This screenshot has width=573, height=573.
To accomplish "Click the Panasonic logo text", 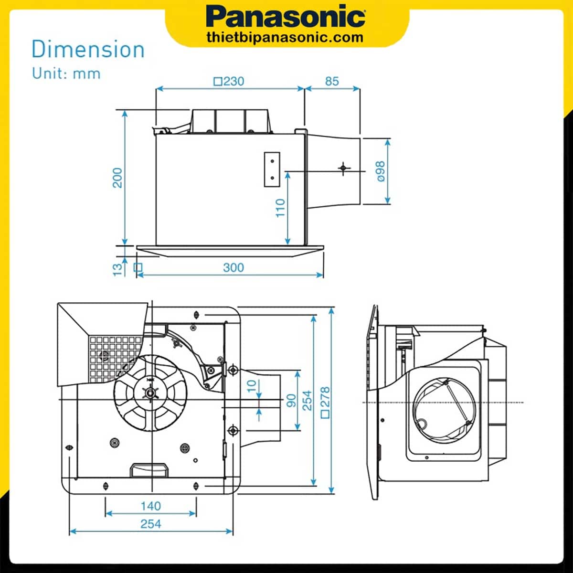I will click(286, 17).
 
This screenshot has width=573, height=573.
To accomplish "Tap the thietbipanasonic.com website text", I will click(285, 37).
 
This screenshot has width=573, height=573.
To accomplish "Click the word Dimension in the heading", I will click(88, 50).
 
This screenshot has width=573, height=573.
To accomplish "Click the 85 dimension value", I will click(332, 81).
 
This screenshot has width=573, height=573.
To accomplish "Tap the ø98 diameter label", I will click(381, 171).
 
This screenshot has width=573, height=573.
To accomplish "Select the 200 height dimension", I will click(117, 178).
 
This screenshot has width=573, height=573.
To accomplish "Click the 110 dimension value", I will click(280, 208).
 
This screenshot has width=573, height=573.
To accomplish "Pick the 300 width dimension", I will click(233, 267).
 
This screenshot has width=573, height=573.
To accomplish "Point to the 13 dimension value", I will click(117, 269).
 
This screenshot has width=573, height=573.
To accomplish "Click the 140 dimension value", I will click(150, 506).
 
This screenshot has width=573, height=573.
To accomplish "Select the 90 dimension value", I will click(291, 400).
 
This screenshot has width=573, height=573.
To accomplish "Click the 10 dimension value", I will click(252, 384).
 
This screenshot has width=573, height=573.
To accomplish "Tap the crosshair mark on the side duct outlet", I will click(343, 168).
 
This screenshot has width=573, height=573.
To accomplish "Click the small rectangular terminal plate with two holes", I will click(272, 169).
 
